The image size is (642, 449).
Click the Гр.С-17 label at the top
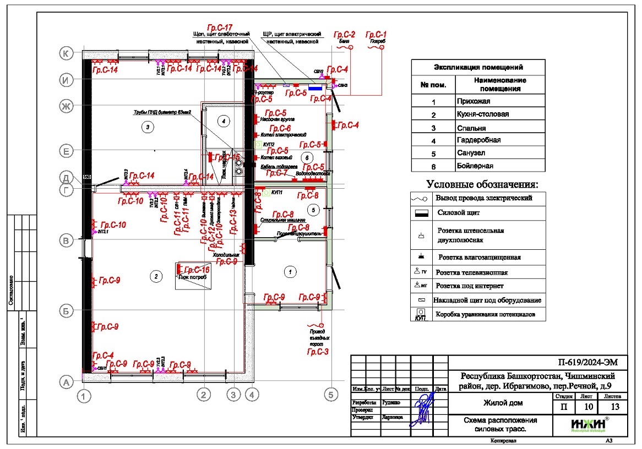coord(220,27)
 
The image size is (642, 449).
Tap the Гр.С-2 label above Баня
coord(346,34)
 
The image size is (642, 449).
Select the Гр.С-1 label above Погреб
coord(377,34)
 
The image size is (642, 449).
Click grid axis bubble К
coord(66,53)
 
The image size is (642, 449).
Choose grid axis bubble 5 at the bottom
coord(331,394)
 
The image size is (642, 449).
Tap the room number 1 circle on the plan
coord(287,271)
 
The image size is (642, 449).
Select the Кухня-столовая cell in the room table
coord(482,114)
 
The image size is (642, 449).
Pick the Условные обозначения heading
coord(482,184)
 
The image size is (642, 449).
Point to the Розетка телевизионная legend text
coord(471,272)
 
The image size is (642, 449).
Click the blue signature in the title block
coord(423,406)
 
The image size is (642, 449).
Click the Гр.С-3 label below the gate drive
coord(318,351)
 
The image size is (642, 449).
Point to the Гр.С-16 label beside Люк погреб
coord(196,270)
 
